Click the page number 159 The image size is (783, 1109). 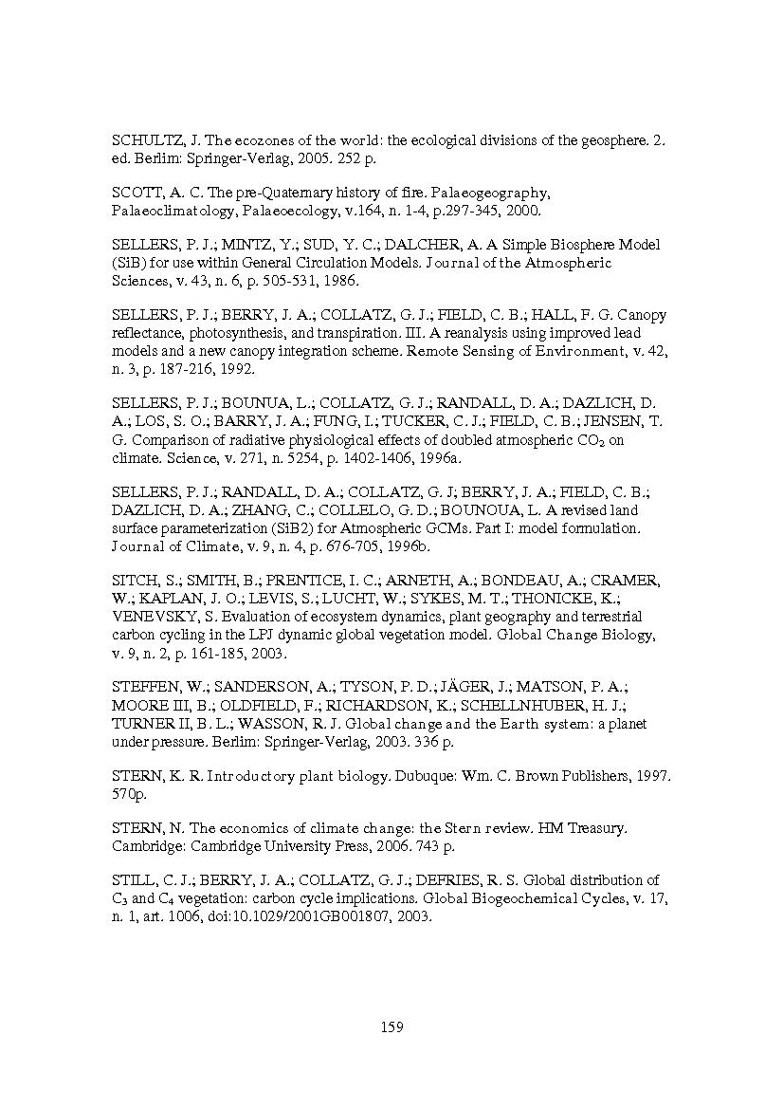pos(391,1026)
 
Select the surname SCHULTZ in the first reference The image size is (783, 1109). pos(145,139)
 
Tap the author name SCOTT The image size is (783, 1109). pos(135,193)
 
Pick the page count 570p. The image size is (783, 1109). pos(131,792)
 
